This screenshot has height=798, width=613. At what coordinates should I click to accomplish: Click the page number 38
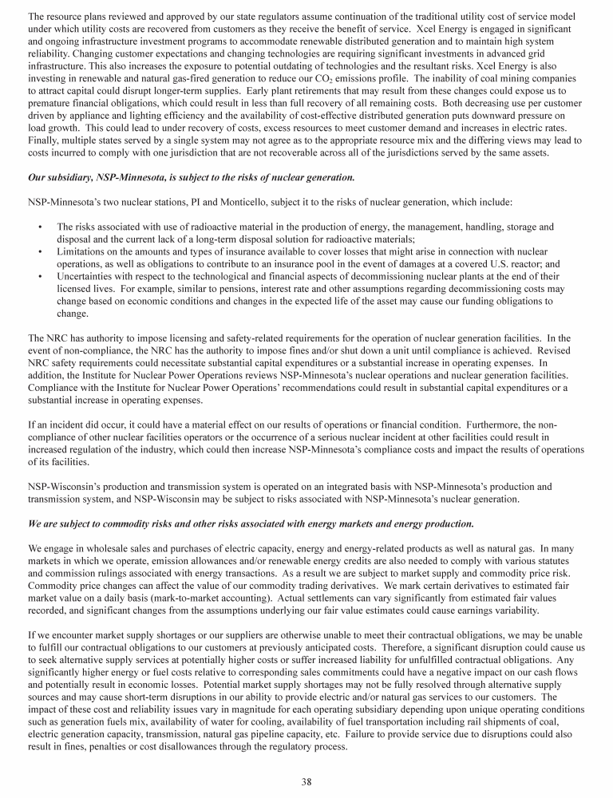pos(306,781)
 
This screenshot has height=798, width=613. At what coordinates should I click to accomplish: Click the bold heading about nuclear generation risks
pos(191,176)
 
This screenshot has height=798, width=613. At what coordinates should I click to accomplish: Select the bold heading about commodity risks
pos(251,523)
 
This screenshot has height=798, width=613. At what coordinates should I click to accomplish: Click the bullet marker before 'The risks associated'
pos(40,227)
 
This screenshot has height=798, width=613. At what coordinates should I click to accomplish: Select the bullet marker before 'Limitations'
pos(40,252)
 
